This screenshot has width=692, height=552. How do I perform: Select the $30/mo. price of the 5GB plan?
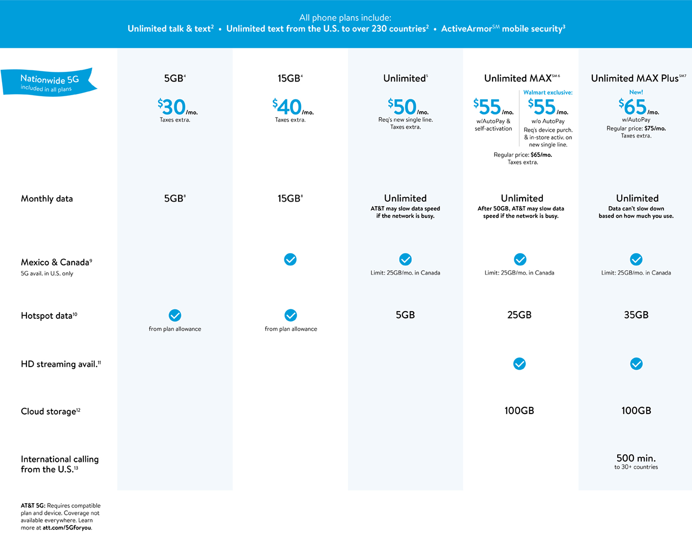(x=176, y=107)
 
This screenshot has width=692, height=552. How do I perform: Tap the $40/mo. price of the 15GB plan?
(x=292, y=107)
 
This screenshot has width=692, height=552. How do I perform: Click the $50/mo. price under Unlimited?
(x=407, y=107)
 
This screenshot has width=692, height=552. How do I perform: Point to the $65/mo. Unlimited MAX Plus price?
(x=637, y=107)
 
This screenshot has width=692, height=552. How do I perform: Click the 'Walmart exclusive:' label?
(x=548, y=93)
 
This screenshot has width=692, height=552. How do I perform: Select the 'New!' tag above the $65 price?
(x=636, y=92)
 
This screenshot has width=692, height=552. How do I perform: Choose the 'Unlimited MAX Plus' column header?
(x=637, y=78)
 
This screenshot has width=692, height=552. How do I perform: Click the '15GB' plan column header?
(x=290, y=78)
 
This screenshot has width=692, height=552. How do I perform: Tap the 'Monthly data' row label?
(x=47, y=199)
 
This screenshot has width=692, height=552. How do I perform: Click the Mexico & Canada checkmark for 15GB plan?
(x=290, y=260)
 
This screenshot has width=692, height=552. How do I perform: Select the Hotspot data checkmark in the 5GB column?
(x=175, y=315)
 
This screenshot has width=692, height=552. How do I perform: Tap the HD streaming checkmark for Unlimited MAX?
(x=520, y=364)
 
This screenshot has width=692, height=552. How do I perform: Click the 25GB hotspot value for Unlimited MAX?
(x=520, y=315)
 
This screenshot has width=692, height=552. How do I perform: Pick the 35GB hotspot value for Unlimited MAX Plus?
(x=636, y=315)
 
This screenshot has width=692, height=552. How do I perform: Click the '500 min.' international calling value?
(x=636, y=458)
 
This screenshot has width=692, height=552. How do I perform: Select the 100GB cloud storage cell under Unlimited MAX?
(x=520, y=411)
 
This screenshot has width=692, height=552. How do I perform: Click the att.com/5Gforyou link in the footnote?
(x=67, y=528)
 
